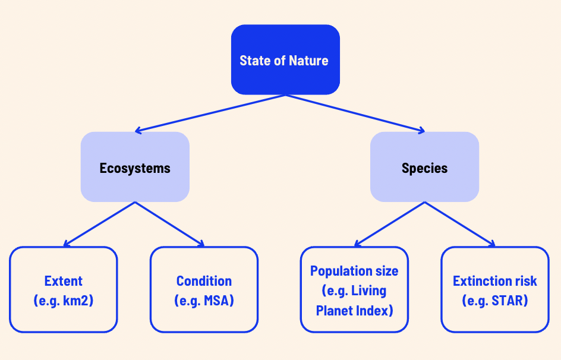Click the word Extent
click(x=64, y=281)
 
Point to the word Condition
click(x=204, y=281)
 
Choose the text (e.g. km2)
click(x=64, y=301)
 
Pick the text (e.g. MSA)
click(x=204, y=301)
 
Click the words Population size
click(x=354, y=271)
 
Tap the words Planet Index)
click(x=354, y=311)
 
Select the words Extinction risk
click(x=494, y=281)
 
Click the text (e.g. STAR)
click(x=494, y=301)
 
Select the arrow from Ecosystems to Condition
click(x=170, y=224)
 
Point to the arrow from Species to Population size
click(x=389, y=224)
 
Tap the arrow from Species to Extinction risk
click(x=459, y=224)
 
